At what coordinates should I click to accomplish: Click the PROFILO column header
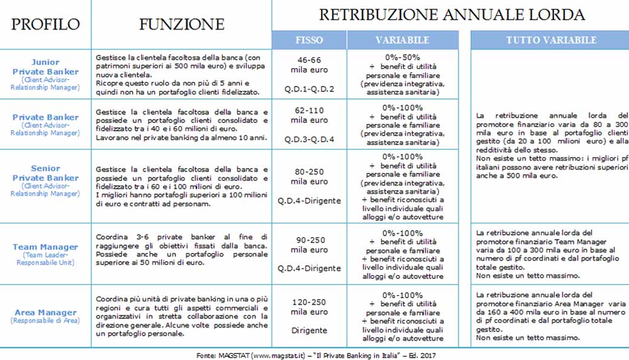tap(45, 24)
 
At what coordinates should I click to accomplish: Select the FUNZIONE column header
tap(181, 24)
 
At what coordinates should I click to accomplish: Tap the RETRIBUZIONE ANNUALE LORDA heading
tap(452, 15)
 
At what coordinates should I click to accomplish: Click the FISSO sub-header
tap(309, 40)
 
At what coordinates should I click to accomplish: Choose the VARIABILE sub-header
tap(402, 40)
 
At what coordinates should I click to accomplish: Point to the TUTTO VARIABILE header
tap(551, 40)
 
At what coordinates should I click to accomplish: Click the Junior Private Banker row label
tap(45, 67)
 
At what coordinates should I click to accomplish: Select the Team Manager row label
tap(45, 247)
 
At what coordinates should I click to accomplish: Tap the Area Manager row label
tap(45, 313)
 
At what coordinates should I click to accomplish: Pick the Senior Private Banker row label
tap(45, 173)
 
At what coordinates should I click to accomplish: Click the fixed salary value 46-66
tap(309, 60)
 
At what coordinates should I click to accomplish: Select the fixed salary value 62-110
tap(309, 111)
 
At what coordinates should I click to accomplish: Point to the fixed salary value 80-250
tap(309, 172)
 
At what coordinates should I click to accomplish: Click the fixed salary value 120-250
tap(309, 302)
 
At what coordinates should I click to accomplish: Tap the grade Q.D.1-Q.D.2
tap(309, 89)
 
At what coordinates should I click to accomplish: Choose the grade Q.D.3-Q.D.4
tap(309, 139)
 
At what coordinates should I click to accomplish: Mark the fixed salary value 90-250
tap(309, 240)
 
